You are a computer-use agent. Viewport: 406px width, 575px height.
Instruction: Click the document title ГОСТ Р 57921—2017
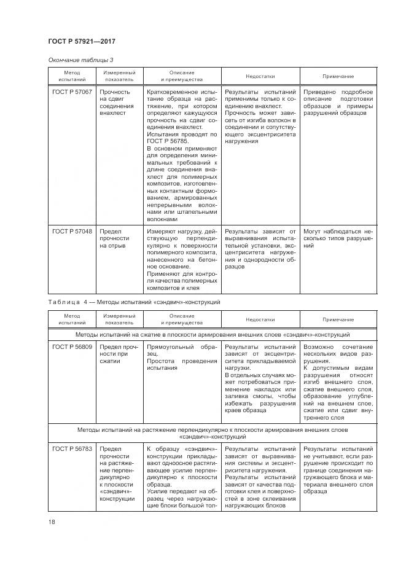(82, 41)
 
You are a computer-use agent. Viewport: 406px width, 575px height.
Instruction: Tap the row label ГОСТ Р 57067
(72, 92)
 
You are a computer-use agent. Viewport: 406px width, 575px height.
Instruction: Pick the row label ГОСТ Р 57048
(72, 231)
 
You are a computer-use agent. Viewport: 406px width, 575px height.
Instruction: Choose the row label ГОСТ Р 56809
(72, 346)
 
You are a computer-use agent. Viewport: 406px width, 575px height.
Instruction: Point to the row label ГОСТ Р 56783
(72, 449)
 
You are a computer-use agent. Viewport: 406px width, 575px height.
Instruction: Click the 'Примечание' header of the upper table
(338, 76)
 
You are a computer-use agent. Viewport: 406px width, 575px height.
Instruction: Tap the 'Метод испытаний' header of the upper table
(72, 76)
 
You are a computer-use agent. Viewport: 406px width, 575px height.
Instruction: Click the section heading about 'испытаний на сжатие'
(213, 335)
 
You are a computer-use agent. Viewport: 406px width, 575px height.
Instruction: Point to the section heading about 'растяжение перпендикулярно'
(213, 433)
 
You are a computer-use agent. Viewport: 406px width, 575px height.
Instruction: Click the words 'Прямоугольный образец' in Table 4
(181, 350)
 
